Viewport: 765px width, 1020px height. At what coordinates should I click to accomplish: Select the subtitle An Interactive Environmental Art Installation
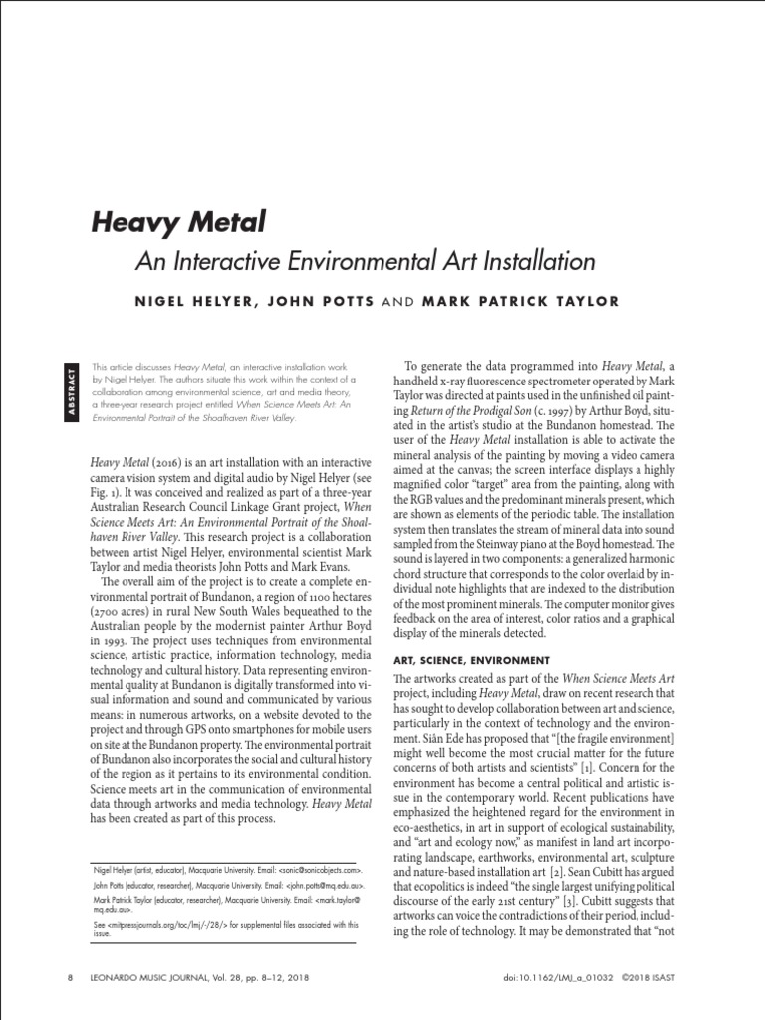[365, 262]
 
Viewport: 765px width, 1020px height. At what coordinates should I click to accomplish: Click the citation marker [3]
[596, 902]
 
